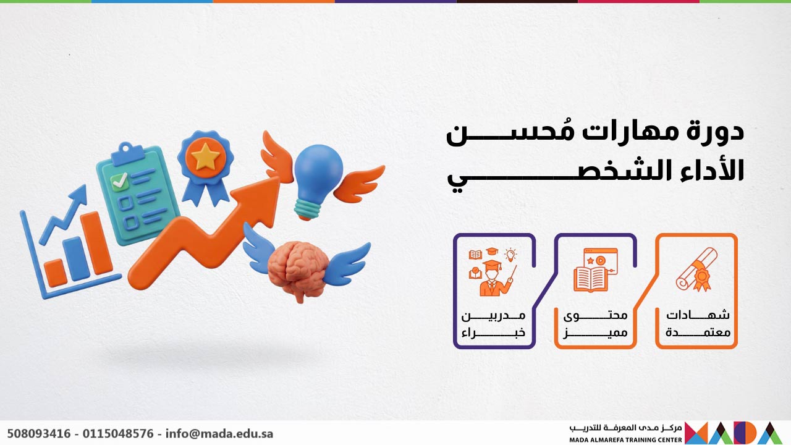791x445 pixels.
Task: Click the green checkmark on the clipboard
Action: click(x=119, y=181)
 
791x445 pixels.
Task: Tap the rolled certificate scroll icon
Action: click(x=696, y=269)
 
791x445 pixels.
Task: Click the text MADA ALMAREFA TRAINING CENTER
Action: click(x=625, y=439)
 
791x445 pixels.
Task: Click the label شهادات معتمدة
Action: click(x=698, y=323)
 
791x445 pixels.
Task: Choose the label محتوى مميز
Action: click(x=595, y=323)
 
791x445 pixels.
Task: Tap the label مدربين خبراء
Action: click(x=494, y=323)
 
